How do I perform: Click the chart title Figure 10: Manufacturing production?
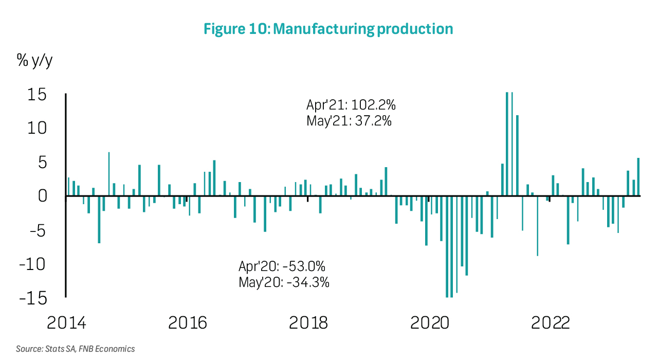click(328, 29)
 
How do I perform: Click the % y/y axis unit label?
click(35, 61)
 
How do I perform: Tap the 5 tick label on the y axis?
click(43, 163)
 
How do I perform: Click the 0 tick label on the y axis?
click(43, 196)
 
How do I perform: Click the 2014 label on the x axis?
click(66, 323)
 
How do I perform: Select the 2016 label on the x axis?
click(188, 323)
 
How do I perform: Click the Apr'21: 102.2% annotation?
click(351, 105)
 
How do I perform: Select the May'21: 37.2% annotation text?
click(350, 122)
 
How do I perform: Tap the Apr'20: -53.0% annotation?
click(282, 266)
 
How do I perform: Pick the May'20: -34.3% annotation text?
click(284, 282)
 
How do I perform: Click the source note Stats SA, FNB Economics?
click(75, 349)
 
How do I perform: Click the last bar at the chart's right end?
click(638, 177)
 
